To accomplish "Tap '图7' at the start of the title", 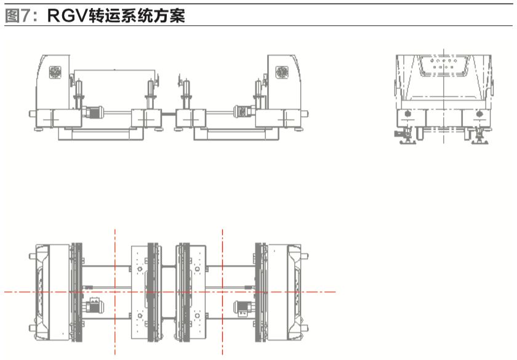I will tap(18, 16).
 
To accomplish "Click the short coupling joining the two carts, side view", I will tap(169, 114).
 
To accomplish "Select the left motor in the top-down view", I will tap(95, 305).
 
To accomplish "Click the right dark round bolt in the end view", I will tap(480, 114).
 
